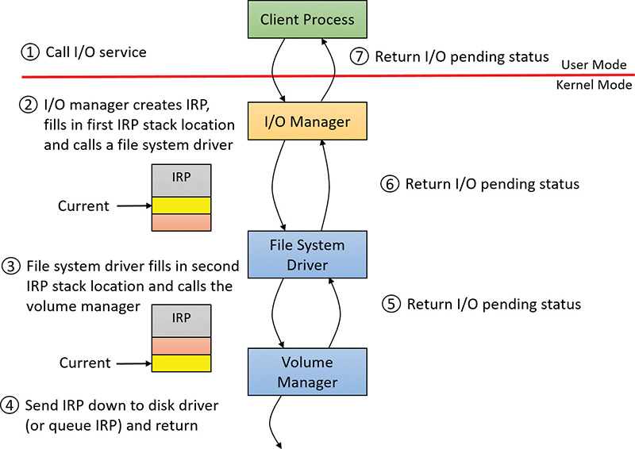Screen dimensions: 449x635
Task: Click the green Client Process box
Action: click(306, 20)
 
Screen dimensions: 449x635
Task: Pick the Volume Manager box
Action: click(306, 373)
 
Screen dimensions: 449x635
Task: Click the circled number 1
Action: click(29, 52)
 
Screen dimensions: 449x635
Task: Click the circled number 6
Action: click(389, 184)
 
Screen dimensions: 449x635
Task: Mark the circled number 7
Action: click(359, 56)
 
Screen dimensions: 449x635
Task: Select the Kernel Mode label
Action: click(595, 85)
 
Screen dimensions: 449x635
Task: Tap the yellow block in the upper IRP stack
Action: click(182, 205)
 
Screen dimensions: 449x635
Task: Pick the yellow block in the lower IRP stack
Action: click(182, 363)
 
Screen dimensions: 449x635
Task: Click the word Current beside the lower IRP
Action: click(85, 363)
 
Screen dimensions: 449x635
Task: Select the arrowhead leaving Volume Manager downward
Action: click(279, 444)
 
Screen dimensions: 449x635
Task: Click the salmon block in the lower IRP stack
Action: click(182, 345)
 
